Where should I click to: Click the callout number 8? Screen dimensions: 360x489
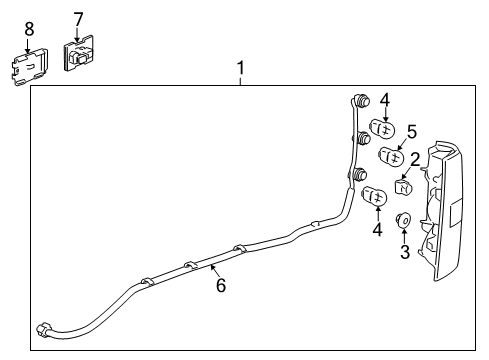click(x=28, y=28)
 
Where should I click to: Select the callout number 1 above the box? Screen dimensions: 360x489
click(x=240, y=68)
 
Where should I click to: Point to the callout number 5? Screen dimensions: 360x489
click(x=411, y=131)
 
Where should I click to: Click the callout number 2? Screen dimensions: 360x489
click(x=414, y=158)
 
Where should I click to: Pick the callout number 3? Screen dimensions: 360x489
click(x=405, y=252)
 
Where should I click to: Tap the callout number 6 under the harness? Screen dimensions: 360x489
click(x=220, y=286)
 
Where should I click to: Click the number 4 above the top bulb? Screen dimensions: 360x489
click(x=385, y=98)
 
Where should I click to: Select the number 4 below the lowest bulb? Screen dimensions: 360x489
click(x=378, y=229)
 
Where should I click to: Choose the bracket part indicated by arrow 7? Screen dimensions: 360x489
click(x=78, y=53)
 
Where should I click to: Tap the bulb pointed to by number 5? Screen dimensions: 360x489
click(x=392, y=156)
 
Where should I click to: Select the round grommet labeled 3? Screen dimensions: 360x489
click(x=405, y=220)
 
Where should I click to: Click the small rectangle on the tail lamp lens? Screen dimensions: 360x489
click(x=453, y=212)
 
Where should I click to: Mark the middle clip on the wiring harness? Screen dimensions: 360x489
click(x=189, y=267)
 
